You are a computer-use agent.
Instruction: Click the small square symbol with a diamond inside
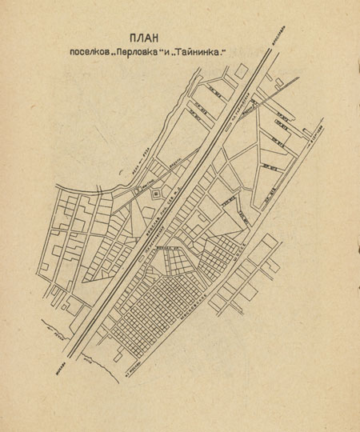point(155,194)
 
